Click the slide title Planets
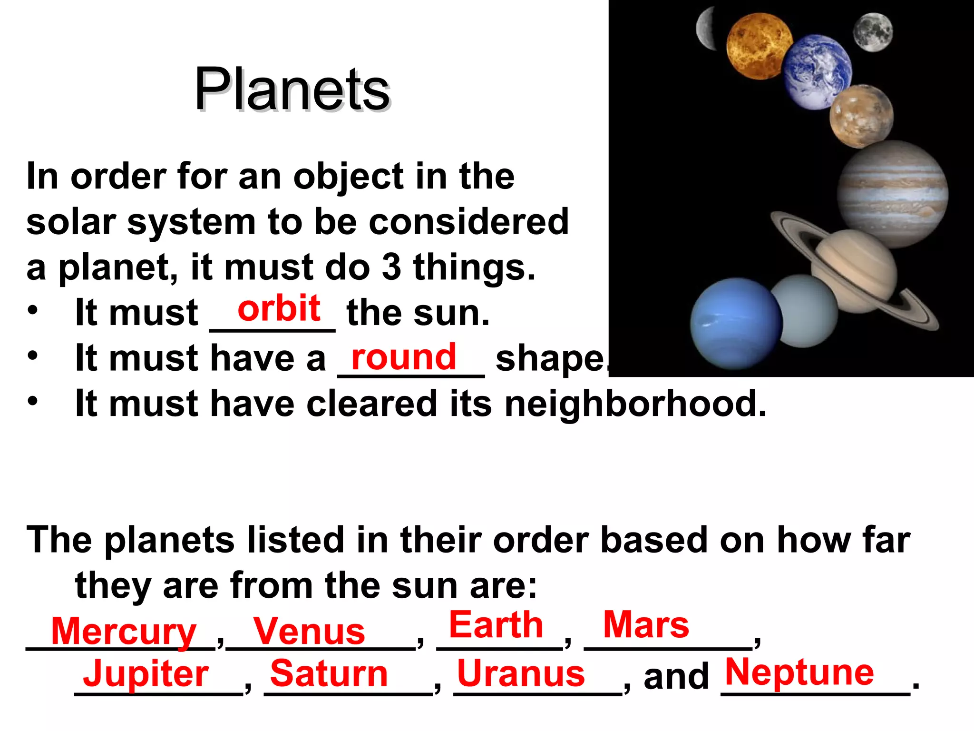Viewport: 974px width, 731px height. (292, 89)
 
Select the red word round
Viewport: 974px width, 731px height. (403, 357)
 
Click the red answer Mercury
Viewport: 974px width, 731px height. (124, 632)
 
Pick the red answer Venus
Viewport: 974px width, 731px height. (309, 632)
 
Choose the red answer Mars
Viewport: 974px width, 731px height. (646, 625)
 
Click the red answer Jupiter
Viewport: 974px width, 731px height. (146, 674)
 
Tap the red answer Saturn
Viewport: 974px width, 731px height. (329, 674)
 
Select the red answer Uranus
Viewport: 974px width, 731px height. (521, 674)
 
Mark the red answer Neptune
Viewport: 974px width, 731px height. (799, 672)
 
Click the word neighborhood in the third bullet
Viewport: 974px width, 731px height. (635, 404)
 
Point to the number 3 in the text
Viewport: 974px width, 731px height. (391, 267)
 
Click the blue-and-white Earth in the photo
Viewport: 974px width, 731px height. (817, 72)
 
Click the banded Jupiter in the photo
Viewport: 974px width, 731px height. (892, 194)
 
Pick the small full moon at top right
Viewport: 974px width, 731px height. (873, 32)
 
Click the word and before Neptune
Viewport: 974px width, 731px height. (676, 677)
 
